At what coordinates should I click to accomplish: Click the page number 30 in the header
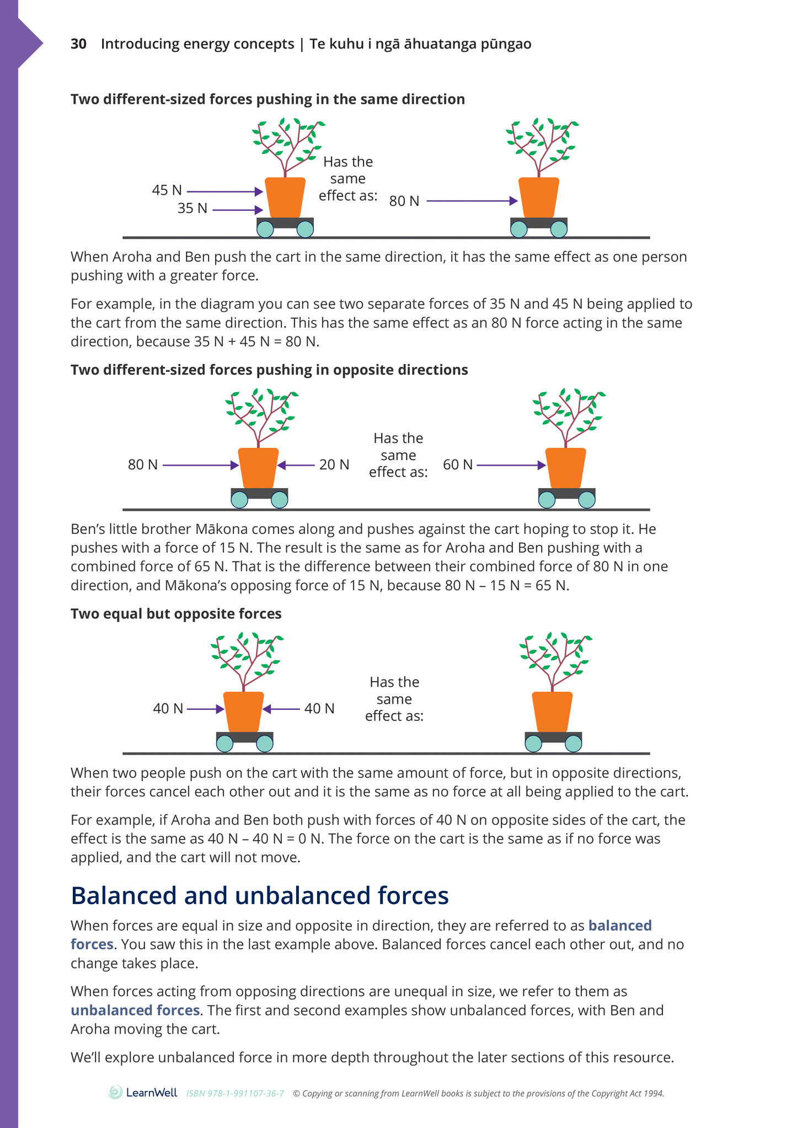[78, 44]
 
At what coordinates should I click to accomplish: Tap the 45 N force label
[167, 190]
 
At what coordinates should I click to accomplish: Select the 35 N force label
[192, 209]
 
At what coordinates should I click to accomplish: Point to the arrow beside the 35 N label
[237, 210]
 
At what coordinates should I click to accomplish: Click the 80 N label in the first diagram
[404, 201]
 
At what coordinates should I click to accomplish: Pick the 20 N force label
[334, 465]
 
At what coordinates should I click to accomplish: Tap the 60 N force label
[458, 465]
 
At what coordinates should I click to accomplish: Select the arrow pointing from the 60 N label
[511, 466]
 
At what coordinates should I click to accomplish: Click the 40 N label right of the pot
[319, 709]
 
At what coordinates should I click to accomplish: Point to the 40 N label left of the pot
[168, 709]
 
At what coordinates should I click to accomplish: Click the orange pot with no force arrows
[552, 712]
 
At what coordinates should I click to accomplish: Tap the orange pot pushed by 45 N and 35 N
[285, 197]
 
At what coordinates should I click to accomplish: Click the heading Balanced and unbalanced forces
[260, 895]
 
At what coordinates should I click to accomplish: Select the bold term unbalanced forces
[135, 1010]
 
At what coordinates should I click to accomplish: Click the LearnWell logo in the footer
[143, 1093]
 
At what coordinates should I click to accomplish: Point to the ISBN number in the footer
[235, 1093]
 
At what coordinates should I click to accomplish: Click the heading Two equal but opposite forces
[176, 614]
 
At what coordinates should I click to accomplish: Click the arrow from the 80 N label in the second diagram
[200, 466]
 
